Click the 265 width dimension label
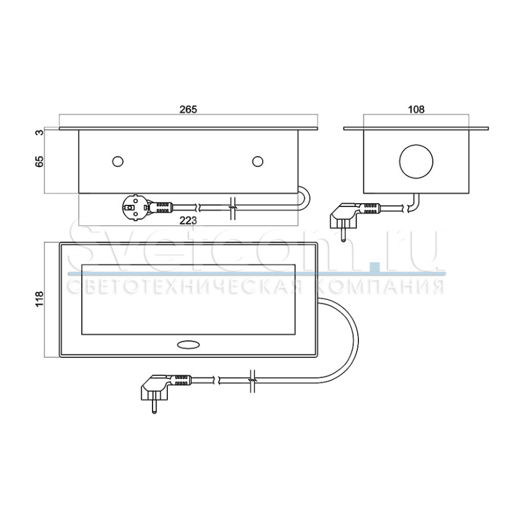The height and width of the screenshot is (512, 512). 188,109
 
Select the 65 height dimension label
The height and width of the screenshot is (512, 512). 39,161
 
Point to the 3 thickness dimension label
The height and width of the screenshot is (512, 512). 39,133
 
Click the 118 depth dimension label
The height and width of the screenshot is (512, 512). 39,300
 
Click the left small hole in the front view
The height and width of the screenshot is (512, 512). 118,162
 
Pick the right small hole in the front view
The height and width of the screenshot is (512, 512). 258,162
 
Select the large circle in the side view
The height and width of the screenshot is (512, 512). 416,161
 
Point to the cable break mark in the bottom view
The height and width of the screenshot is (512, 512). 253,379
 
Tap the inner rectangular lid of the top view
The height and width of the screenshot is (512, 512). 187,300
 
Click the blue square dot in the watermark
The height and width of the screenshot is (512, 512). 373,265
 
